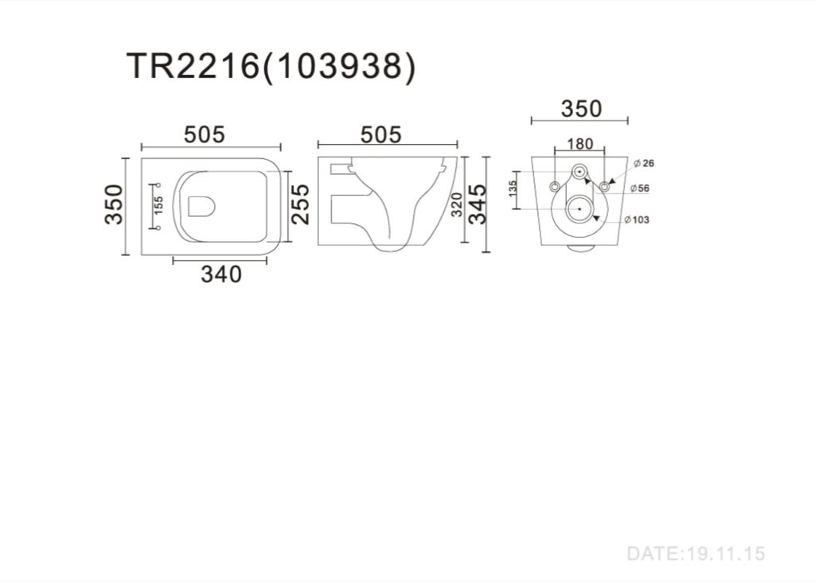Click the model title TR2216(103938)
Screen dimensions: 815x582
[x=271, y=67]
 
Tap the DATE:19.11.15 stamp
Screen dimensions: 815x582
[x=696, y=554]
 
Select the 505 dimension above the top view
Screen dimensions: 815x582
[x=205, y=134]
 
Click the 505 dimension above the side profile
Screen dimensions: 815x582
[x=381, y=134]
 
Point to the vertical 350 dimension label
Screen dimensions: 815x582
[x=115, y=204]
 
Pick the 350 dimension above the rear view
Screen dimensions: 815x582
[x=581, y=109]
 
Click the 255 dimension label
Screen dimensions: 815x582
[x=300, y=204]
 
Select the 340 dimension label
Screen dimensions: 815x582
[x=221, y=274]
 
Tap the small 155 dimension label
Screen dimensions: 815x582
[x=158, y=205]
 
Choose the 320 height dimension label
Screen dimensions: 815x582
[x=456, y=204]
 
